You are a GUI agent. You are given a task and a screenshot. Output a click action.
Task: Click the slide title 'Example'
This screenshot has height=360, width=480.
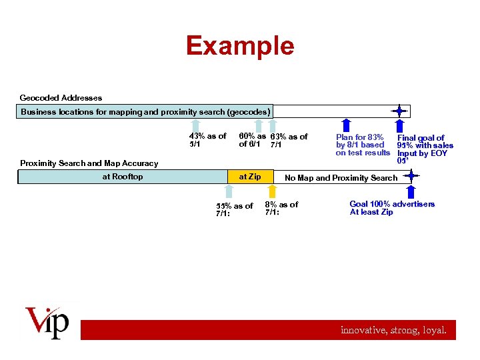pos(239,45)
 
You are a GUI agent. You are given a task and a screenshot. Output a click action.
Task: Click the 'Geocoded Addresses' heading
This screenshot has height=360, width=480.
pos(61,97)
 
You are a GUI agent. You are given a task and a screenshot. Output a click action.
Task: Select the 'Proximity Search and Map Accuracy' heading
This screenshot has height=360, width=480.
pos(89,163)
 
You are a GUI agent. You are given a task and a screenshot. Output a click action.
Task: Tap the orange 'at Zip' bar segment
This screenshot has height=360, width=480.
pos(250,177)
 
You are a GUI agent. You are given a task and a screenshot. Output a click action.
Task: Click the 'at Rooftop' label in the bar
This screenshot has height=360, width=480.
pos(122,177)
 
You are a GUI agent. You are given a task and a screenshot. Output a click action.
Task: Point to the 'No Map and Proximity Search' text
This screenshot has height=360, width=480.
pos(341,177)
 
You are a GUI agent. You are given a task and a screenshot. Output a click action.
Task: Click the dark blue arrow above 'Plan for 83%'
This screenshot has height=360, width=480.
pos(345,125)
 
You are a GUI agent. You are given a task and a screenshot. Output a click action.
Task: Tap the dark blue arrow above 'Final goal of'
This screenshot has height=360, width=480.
pos(399,125)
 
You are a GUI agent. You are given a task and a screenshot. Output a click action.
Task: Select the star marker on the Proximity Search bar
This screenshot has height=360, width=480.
pos(411,176)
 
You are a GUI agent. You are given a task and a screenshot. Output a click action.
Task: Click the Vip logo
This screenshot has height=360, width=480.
pos(47,323)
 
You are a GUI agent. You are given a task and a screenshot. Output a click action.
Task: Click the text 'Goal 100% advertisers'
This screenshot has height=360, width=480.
pos(392,204)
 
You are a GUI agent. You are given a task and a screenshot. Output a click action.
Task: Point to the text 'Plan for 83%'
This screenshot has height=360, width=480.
pos(359,137)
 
